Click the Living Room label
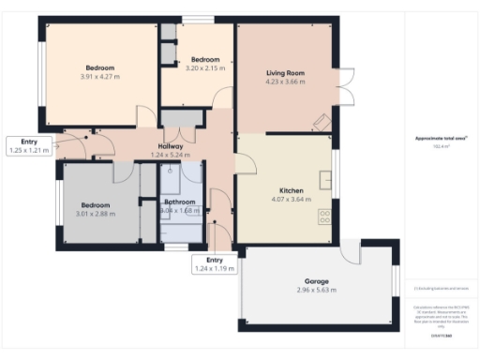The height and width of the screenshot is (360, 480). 285,72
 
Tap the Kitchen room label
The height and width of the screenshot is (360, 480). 292,190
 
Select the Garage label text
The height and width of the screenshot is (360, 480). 317,281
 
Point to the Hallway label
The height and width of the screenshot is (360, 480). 171,146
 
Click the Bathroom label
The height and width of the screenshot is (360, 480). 180,202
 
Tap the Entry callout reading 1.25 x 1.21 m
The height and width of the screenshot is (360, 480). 27,145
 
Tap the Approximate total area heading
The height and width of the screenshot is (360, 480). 441,140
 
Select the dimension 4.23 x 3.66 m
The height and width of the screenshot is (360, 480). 285,82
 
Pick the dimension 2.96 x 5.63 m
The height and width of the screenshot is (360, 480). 317,291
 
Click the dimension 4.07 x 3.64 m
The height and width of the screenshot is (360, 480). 292,199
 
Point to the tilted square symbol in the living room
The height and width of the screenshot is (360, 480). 321,121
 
